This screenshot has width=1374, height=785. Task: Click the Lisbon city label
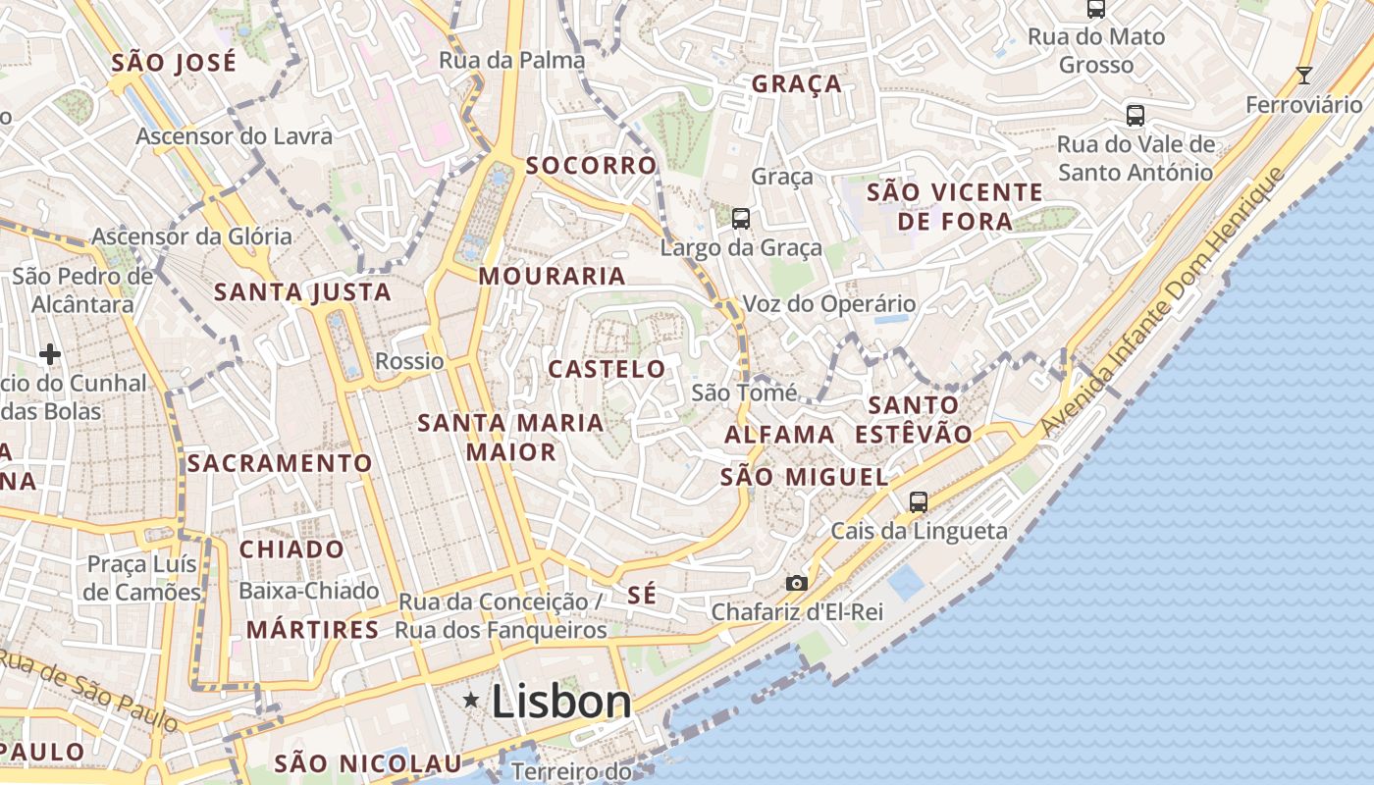pos(561,701)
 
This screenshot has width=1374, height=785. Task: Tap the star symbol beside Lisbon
pos(471,700)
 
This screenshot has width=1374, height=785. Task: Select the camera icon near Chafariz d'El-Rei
pos(797,583)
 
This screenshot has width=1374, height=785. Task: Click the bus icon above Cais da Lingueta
pos(919,501)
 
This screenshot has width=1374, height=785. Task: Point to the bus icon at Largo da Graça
pos(741,218)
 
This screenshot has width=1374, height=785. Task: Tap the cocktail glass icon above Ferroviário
pos(1304,76)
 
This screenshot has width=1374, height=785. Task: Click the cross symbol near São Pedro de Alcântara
pos(50,353)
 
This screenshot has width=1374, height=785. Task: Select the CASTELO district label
pos(607,369)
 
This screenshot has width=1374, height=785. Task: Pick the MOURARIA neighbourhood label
pos(553,276)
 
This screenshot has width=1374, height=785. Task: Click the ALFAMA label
pos(780,434)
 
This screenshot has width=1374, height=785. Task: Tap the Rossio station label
pos(409,360)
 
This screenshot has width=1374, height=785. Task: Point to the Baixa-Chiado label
pos(309,591)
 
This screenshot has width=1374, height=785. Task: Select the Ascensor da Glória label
pos(191,236)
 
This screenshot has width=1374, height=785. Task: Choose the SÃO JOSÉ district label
pos(174,63)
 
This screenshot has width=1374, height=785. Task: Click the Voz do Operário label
pos(829,304)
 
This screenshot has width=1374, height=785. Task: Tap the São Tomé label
pos(745,392)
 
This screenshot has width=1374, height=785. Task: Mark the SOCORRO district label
pos(591,165)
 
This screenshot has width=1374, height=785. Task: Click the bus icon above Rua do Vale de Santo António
pos(1136,115)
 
